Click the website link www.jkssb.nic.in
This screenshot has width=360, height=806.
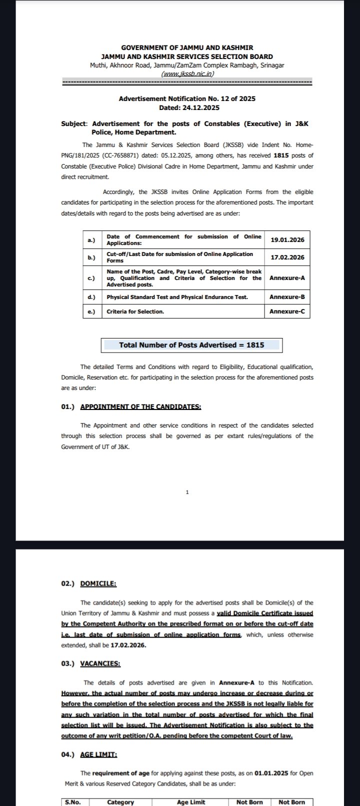[x=187, y=73]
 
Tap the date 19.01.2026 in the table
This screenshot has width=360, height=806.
[x=287, y=240]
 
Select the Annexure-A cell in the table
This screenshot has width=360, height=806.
[x=287, y=277]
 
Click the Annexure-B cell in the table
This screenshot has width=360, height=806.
[x=287, y=297]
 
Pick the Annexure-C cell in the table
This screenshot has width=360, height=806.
[x=287, y=311]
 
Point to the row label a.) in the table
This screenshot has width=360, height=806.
[x=91, y=240]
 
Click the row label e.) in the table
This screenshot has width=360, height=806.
[x=91, y=311]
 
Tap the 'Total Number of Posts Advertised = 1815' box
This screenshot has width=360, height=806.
[x=191, y=345]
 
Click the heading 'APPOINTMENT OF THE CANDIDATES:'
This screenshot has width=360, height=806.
[x=140, y=406]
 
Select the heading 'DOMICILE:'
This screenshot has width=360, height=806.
[x=98, y=583]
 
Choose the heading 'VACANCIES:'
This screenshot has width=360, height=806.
[x=100, y=663]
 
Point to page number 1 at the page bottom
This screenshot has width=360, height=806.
[x=187, y=492]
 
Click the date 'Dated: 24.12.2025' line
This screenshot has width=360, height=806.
[x=189, y=107]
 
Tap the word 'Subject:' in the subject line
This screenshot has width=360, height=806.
[x=74, y=123]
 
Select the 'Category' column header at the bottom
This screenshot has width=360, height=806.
[x=120, y=802]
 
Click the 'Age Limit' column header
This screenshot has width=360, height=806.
[x=191, y=802]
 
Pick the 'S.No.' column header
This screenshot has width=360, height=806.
[x=72, y=802]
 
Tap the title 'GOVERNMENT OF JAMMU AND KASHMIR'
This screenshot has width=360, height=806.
[x=187, y=48]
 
